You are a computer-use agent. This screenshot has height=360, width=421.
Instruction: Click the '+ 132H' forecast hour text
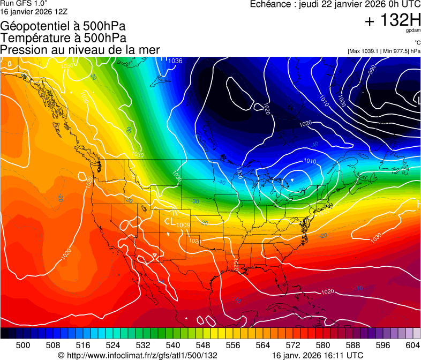(393, 20)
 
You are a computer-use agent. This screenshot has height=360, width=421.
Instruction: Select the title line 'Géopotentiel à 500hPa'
(63, 26)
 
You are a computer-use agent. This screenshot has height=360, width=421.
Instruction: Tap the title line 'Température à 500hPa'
(63, 38)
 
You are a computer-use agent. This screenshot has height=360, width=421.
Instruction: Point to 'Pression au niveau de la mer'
(80, 50)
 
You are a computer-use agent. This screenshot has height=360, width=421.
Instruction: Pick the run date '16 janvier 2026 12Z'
(34, 11)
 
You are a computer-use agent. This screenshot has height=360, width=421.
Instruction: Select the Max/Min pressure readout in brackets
(384, 51)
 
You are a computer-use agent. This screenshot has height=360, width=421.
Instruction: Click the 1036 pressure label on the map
(175, 61)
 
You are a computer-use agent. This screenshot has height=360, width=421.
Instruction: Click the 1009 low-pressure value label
(183, 224)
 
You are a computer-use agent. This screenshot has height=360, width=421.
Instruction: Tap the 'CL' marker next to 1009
(170, 221)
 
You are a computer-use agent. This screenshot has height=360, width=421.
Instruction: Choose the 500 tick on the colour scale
(23, 345)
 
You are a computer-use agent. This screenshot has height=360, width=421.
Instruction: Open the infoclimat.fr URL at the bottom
(138, 355)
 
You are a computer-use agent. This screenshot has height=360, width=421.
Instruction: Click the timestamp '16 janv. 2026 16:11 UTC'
(318, 355)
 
